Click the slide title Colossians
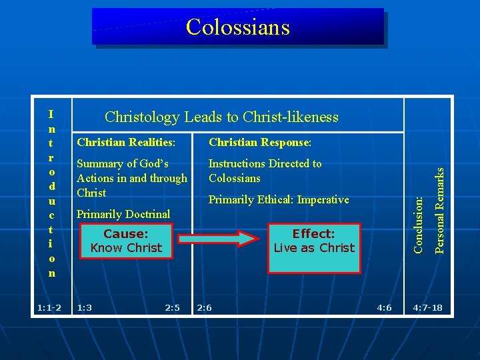point(238,27)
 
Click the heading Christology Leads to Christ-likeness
point(221,117)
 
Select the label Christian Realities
point(126,143)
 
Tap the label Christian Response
point(260,143)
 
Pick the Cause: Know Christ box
point(126,241)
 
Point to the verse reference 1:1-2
point(49,307)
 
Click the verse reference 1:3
point(85,307)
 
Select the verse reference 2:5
point(172,307)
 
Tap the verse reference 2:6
point(204,307)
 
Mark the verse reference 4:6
point(384,307)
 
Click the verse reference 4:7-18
point(427,307)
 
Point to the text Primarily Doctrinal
point(123,214)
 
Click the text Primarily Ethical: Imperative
point(279,199)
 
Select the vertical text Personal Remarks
point(439,209)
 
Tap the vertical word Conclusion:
point(419,223)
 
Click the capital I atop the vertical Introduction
point(51,114)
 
